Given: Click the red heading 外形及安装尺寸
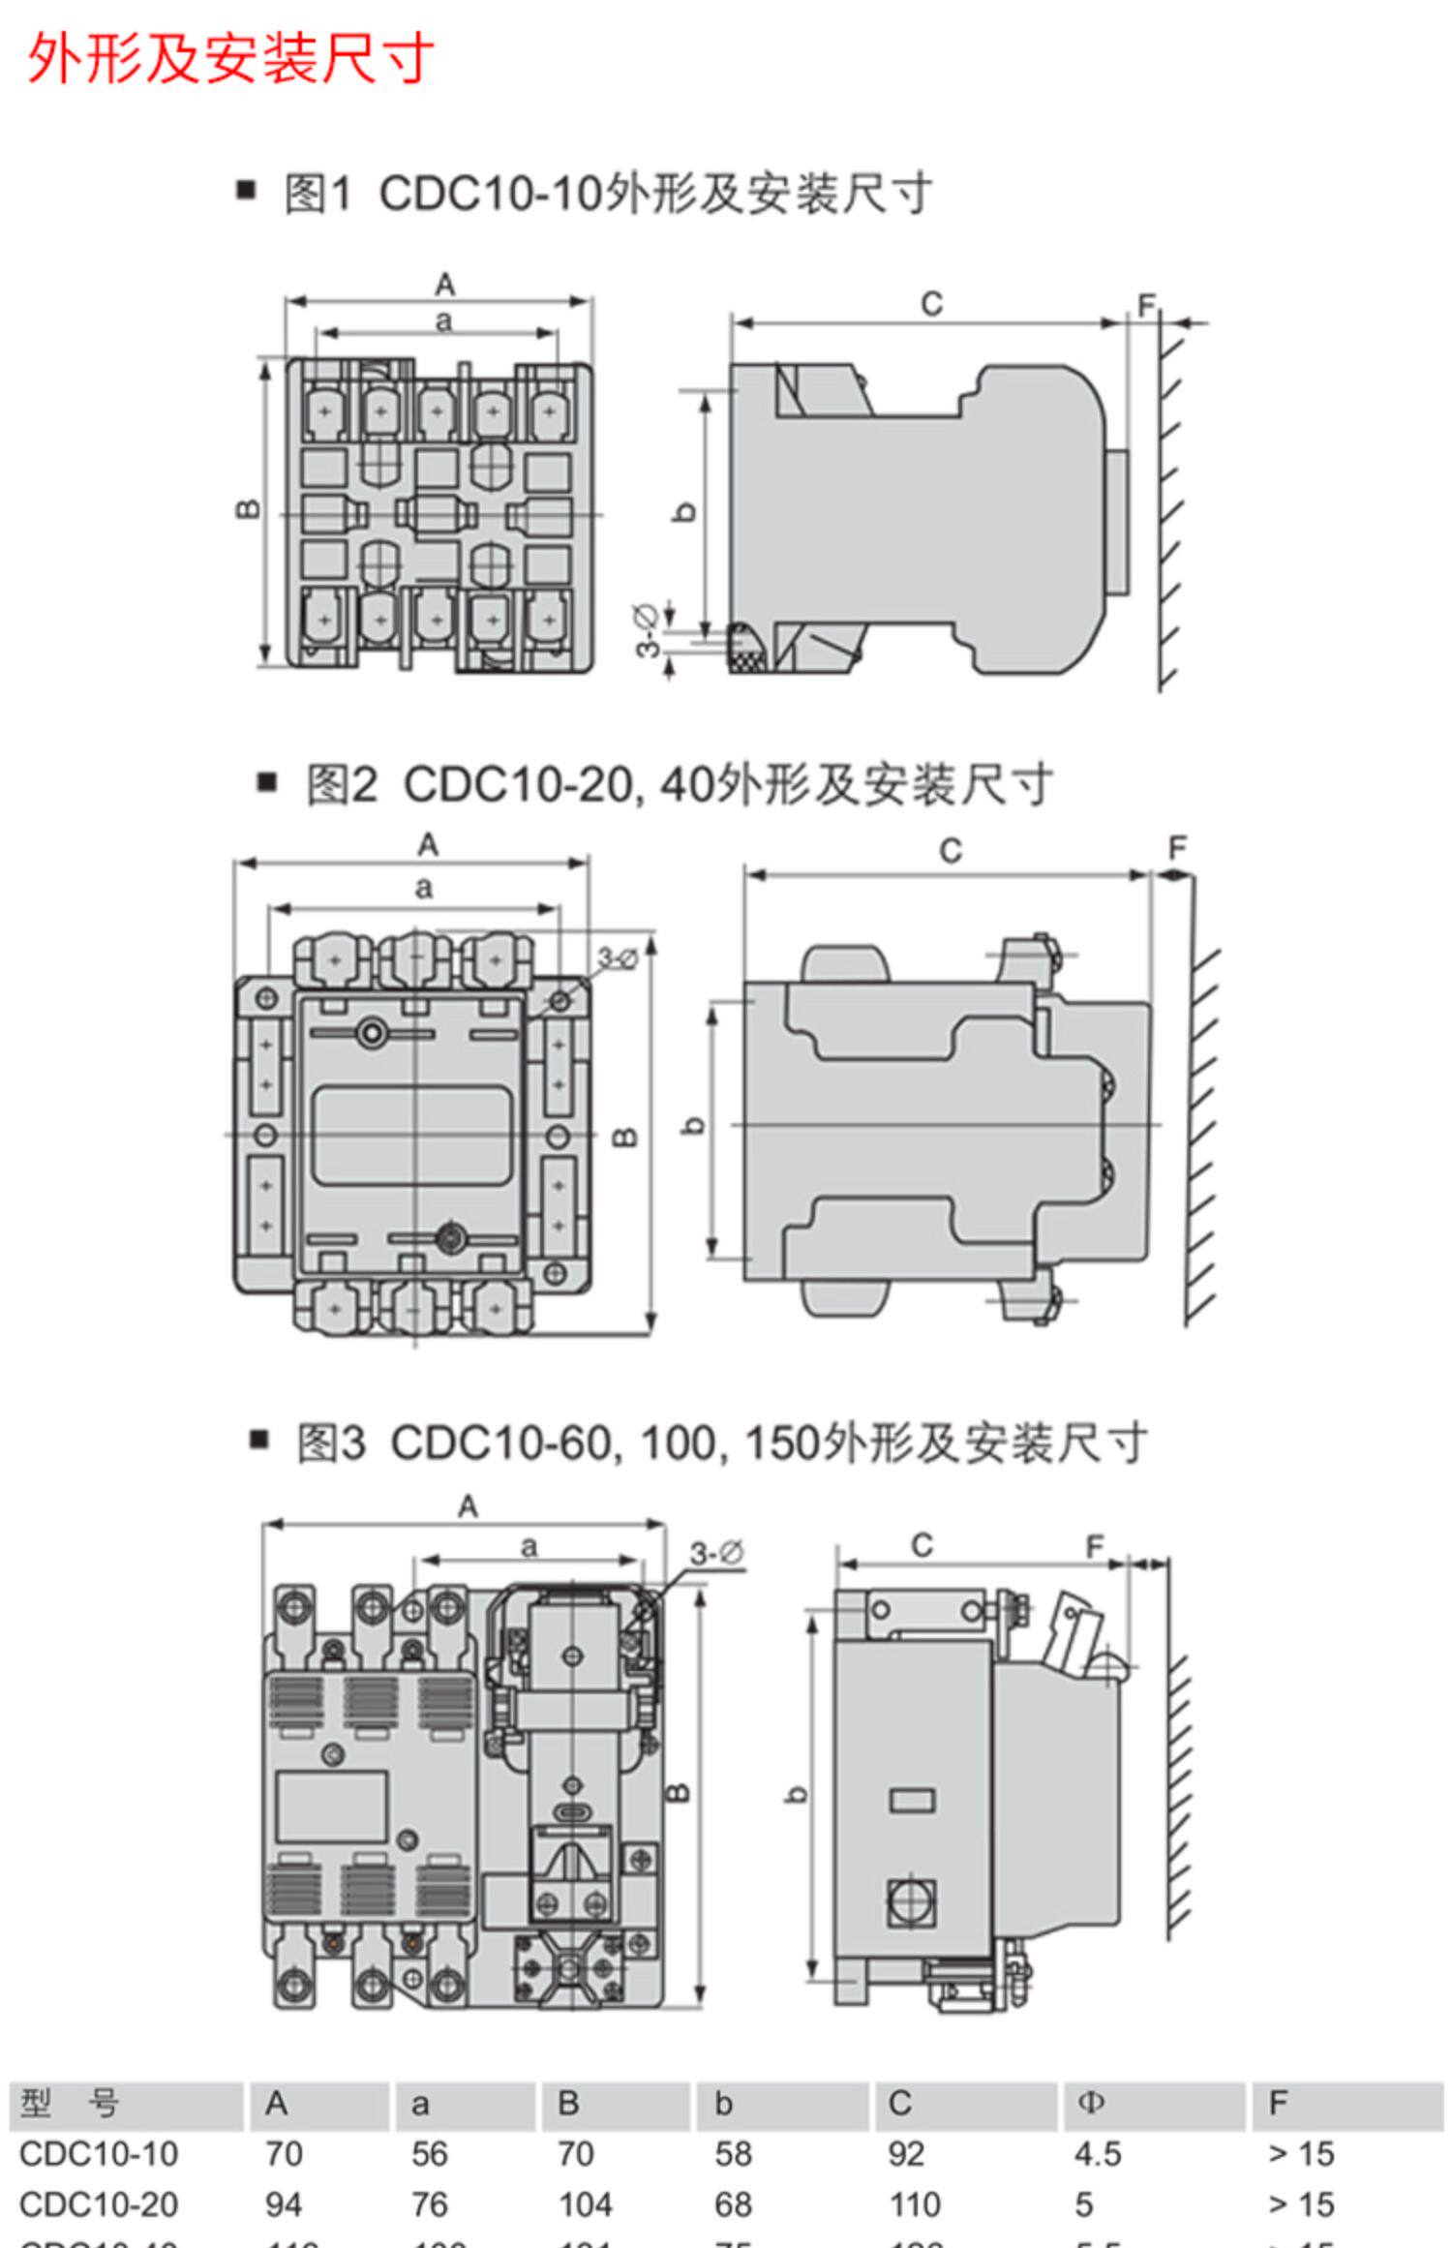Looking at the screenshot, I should tap(230, 59).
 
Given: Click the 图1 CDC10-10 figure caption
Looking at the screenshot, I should tap(607, 195).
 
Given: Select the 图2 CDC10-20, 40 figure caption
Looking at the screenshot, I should tap(679, 785).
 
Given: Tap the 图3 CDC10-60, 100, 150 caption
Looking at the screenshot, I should tap(721, 1443).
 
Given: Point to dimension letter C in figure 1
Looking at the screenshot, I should tap(931, 304).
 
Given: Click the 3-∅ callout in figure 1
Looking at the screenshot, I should tap(648, 630).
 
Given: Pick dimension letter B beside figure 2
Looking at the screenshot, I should tap(626, 1137).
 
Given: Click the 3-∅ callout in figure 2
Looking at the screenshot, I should tap(618, 958).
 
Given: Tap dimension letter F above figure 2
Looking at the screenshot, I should tap(1177, 849).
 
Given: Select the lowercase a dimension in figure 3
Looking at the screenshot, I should tap(529, 1546).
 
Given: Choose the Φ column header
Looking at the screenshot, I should tap(1090, 2103).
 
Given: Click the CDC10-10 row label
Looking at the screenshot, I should tap(99, 2154).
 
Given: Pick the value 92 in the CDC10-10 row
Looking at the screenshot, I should tap(907, 2154).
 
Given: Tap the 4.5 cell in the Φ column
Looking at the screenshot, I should tap(1098, 2154).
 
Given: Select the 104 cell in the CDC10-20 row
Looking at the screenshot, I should tap(585, 2204).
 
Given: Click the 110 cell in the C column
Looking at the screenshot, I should tap(914, 2204).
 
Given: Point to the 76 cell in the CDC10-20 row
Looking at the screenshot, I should tap(429, 2204).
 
